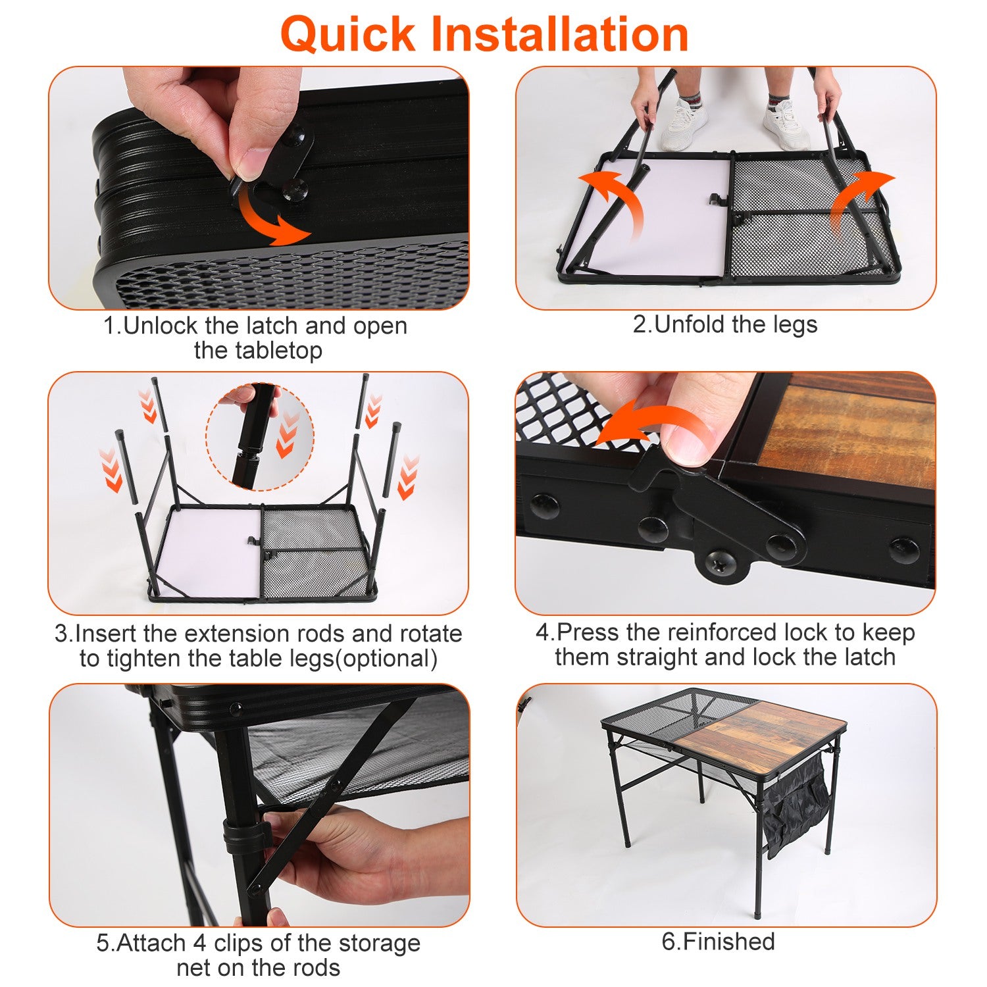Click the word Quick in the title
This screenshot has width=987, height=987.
[348, 34]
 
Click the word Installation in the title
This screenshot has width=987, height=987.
[559, 34]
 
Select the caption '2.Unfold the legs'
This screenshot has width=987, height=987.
[725, 324]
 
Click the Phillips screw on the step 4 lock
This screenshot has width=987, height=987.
[718, 563]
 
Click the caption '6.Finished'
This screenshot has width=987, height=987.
[718, 942]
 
